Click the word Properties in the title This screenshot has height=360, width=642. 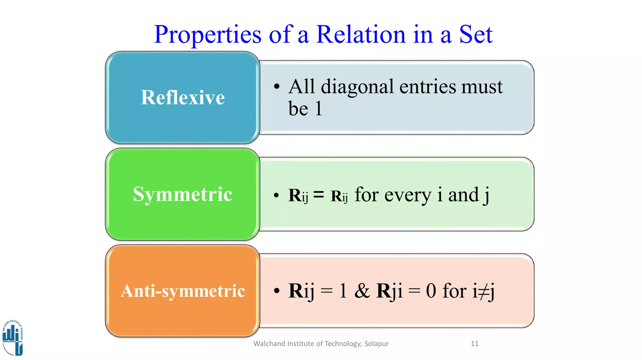208,35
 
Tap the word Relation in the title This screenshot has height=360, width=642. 361,34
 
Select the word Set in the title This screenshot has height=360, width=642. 476,34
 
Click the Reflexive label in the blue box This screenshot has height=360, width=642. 183,97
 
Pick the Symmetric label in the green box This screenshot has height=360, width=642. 183,194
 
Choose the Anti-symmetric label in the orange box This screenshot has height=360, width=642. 183,291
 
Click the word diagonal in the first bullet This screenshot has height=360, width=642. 357,87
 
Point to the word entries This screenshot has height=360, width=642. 428,87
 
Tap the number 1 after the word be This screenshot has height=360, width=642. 318,109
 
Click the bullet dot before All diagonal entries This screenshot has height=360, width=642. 276,87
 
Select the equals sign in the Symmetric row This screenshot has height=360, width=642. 319,195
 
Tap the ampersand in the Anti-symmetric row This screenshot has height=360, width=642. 362,290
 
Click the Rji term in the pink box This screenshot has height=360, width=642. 389,291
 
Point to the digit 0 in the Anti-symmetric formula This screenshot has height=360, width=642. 431,291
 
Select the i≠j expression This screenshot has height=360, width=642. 483,291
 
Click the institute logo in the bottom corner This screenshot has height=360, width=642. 13,338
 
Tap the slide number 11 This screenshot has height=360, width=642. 475,344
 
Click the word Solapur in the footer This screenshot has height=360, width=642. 376,344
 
